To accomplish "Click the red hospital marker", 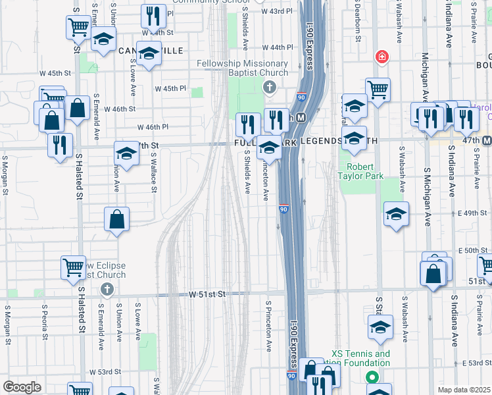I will click(x=381, y=58).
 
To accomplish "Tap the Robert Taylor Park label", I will click(x=360, y=171).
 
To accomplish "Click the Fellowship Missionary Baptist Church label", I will click(x=243, y=68).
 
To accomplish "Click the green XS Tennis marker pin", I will click(x=372, y=378).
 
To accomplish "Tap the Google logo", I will click(x=22, y=387).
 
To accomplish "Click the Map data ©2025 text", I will click(x=464, y=390).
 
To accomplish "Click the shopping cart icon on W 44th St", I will click(x=78, y=27).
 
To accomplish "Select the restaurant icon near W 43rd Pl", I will click(x=153, y=15).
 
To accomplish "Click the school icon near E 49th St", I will click(x=395, y=215).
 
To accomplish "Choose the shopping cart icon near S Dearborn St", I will click(x=378, y=90).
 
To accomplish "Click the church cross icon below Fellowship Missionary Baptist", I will click(x=268, y=87).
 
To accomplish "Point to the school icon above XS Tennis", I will click(x=380, y=327).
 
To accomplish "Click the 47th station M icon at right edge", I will click(x=487, y=140).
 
